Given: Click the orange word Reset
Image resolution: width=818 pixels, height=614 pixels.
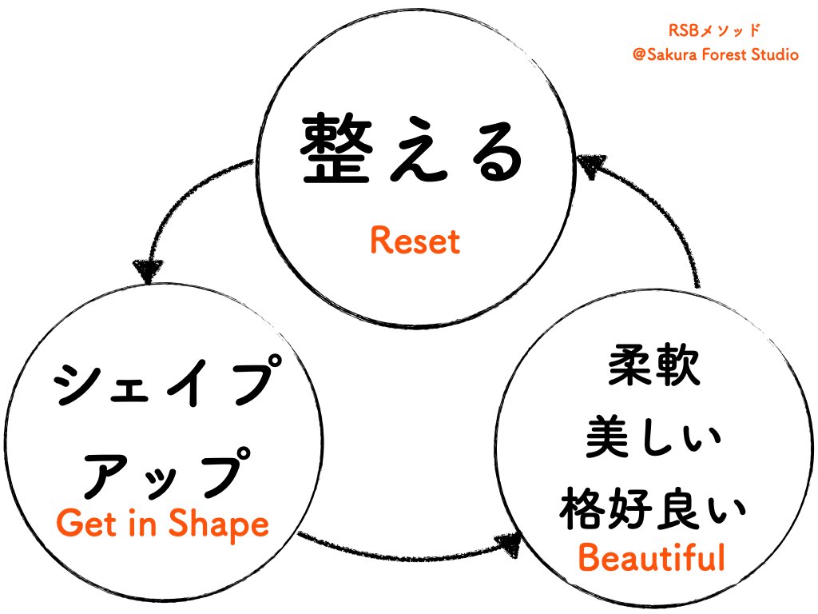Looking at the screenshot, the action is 415,241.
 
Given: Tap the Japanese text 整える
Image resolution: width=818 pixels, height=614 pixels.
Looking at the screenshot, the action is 412,149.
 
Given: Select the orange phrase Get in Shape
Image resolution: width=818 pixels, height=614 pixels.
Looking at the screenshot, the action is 162,524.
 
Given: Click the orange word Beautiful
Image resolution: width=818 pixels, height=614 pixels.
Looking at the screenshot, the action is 652,557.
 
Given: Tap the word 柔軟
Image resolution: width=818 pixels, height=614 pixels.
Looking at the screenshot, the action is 654,365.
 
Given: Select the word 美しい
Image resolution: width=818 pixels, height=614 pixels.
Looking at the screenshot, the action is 653,437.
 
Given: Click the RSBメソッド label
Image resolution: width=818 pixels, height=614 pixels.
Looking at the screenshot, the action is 714,30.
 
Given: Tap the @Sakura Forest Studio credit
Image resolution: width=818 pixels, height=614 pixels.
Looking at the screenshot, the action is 715,54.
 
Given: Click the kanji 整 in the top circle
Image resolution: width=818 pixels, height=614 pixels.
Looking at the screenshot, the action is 336,149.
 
